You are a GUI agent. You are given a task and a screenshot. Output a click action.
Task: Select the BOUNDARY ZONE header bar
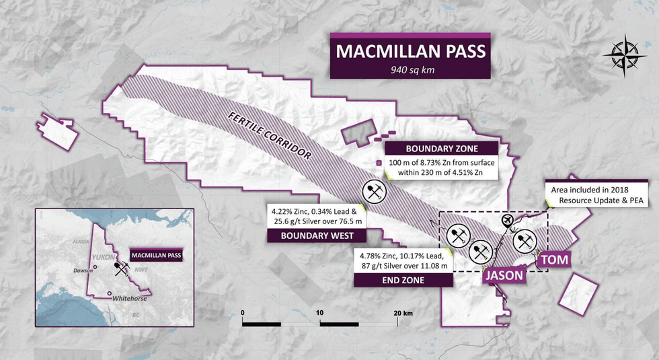441,149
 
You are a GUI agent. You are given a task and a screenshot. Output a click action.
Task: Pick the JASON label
502,275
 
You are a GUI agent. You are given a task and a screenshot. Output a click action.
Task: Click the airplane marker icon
508,221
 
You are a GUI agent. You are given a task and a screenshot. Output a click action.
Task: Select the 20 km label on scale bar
403,313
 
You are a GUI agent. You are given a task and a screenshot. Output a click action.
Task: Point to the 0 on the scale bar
242,313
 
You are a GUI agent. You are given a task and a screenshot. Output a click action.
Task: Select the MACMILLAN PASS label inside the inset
156,256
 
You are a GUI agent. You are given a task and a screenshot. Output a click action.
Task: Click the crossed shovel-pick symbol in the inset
122,269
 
